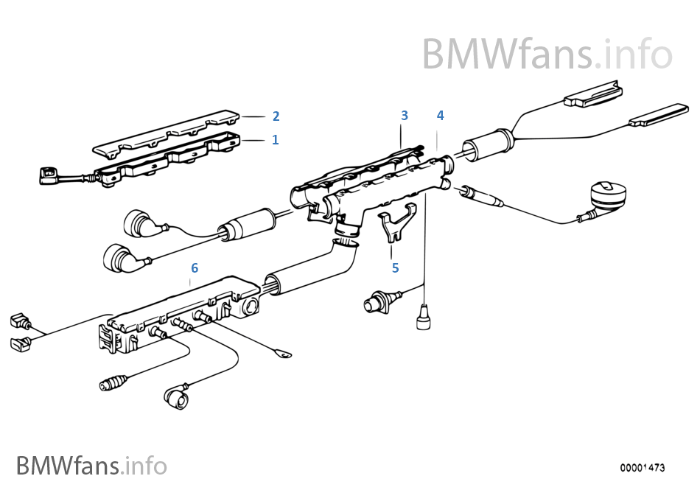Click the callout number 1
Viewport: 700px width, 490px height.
tap(275, 140)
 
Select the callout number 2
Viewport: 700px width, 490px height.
tap(276, 116)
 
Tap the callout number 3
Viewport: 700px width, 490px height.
tap(405, 115)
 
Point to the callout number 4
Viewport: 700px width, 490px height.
tap(440, 115)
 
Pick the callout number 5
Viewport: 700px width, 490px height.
tap(395, 267)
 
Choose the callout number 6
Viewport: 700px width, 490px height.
tap(195, 267)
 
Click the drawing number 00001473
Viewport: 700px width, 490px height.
tap(642, 468)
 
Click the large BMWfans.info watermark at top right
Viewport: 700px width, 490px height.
tap(547, 54)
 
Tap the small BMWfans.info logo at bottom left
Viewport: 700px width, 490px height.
tap(91, 466)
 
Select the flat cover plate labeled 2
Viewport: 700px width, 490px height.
tap(166, 133)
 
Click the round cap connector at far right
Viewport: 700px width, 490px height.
tap(607, 195)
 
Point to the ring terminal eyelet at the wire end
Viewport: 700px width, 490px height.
tap(283, 354)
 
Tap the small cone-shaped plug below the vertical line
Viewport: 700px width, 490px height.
tap(423, 317)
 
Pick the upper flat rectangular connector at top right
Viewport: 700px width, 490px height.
tap(593, 94)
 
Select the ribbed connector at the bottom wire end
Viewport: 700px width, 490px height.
tap(113, 383)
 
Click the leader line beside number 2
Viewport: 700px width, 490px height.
tap(253, 116)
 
